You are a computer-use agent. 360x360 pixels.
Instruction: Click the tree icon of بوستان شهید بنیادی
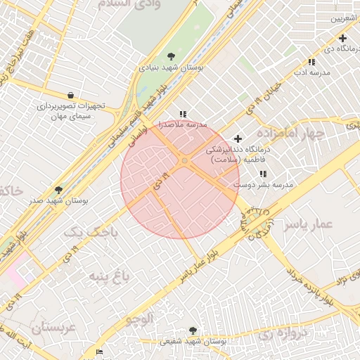pos(172,56)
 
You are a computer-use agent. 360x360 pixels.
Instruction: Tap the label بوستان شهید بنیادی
pos(172,69)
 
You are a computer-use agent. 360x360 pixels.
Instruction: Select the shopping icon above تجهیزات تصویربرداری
pos(70,95)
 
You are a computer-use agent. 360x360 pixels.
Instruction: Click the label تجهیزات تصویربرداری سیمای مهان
pos(71,111)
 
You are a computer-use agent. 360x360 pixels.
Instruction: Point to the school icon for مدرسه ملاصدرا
pos(183,114)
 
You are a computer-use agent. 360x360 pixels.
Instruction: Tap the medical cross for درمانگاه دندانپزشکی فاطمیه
pos(238,139)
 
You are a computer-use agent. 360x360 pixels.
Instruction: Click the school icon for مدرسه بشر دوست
pos(263,174)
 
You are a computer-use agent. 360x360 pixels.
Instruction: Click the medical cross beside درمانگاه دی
pos(342,38)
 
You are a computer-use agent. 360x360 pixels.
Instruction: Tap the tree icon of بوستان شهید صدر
pos(58,190)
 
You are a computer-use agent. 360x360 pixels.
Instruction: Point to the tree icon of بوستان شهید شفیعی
pos(193,330)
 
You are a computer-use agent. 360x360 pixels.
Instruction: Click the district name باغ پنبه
pos(108,277)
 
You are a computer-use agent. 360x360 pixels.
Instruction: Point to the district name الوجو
pos(139,319)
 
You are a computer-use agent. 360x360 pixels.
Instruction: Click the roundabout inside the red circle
pos(184,162)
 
